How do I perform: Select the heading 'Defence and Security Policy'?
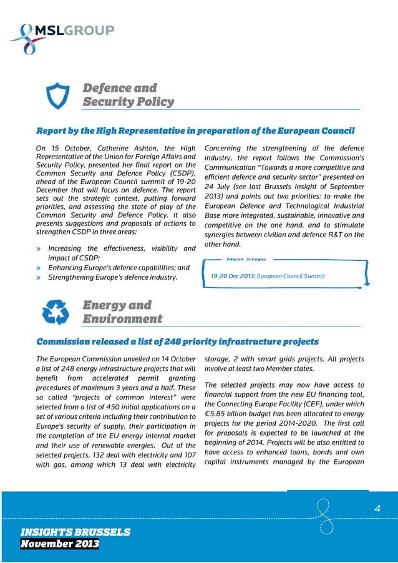tap(129, 94)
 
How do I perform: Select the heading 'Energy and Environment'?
tap(122, 312)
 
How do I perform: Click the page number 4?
tap(376, 509)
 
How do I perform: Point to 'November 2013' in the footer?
tap(59, 545)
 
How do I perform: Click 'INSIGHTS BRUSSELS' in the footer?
tap(74, 532)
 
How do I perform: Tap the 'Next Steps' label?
tap(246, 259)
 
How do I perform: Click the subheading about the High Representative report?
tap(195, 131)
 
